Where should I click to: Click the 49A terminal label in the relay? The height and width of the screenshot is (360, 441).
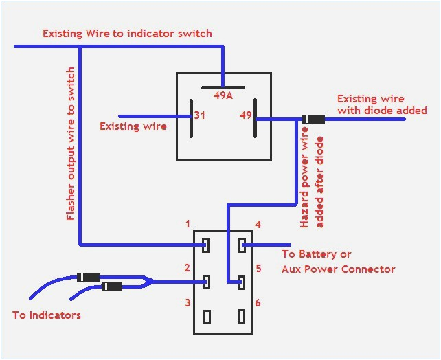click(223, 96)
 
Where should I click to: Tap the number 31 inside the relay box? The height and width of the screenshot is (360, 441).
click(199, 116)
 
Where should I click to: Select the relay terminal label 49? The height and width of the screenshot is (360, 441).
click(245, 116)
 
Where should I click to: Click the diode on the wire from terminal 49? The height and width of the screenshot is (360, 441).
click(313, 120)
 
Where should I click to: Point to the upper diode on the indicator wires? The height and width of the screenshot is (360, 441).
click(88, 277)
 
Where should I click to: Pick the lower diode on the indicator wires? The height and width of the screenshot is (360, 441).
click(112, 286)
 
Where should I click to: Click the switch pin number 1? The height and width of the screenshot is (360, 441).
click(187, 225)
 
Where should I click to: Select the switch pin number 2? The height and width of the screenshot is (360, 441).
click(187, 267)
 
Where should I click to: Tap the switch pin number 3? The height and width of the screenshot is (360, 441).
click(187, 303)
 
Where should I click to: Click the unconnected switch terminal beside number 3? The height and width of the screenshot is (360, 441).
click(207, 316)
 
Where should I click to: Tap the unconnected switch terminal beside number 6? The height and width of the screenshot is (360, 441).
click(241, 316)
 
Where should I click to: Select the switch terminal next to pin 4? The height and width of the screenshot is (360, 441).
click(241, 245)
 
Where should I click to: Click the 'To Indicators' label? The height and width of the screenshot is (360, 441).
click(47, 315)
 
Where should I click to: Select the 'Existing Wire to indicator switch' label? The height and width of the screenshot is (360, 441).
click(127, 33)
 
